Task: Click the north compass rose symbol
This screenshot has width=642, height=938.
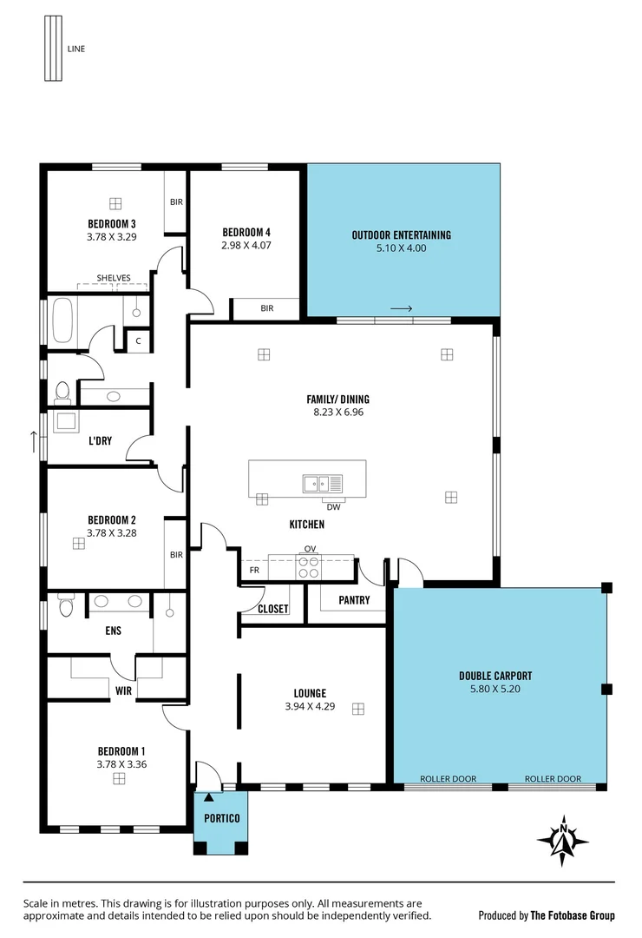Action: click(x=563, y=840)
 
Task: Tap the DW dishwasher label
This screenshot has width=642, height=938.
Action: click(x=332, y=505)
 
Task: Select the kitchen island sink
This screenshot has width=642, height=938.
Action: click(x=323, y=484)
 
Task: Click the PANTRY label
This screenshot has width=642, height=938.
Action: click(x=354, y=600)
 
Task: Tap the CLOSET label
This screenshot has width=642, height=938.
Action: click(x=273, y=609)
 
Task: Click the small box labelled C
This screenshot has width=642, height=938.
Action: click(x=138, y=340)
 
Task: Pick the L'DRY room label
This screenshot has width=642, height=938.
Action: click(x=100, y=440)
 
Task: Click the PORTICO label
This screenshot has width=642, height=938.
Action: click(x=221, y=819)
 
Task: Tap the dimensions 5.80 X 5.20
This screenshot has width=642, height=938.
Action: click(x=496, y=689)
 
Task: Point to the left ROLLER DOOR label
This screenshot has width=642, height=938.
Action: click(x=448, y=779)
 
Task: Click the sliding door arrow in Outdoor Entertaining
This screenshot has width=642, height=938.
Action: click(x=401, y=308)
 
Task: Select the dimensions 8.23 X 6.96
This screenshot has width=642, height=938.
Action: click(x=337, y=413)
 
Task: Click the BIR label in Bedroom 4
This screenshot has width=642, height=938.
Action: click(x=266, y=308)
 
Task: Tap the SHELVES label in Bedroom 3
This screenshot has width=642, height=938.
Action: click(x=114, y=278)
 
